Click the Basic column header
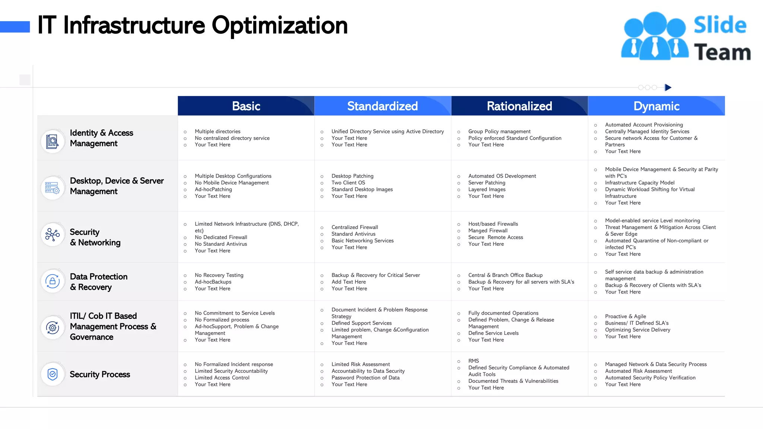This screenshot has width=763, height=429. click(246, 106)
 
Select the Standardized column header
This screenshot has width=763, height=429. click(382, 106)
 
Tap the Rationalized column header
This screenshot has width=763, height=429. click(519, 106)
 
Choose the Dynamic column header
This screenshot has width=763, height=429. click(656, 106)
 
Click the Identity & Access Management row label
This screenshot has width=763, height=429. click(101, 138)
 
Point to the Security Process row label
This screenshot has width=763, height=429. click(100, 374)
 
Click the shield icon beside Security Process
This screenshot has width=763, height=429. click(53, 374)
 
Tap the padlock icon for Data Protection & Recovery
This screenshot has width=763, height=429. click(53, 281)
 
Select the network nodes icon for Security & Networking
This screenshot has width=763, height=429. click(53, 235)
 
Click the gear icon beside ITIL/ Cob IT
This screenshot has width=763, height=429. click(53, 327)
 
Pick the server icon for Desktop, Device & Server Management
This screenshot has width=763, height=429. click(52, 188)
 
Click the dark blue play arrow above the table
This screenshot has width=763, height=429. click(668, 88)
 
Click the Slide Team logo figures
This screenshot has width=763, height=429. click(655, 36)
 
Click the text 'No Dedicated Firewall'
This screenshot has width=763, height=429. click(221, 237)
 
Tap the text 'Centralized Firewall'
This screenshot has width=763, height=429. click(355, 227)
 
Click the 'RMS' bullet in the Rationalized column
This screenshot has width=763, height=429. click(474, 361)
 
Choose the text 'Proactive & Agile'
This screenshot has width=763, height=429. click(626, 316)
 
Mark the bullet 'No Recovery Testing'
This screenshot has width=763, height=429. click(219, 275)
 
